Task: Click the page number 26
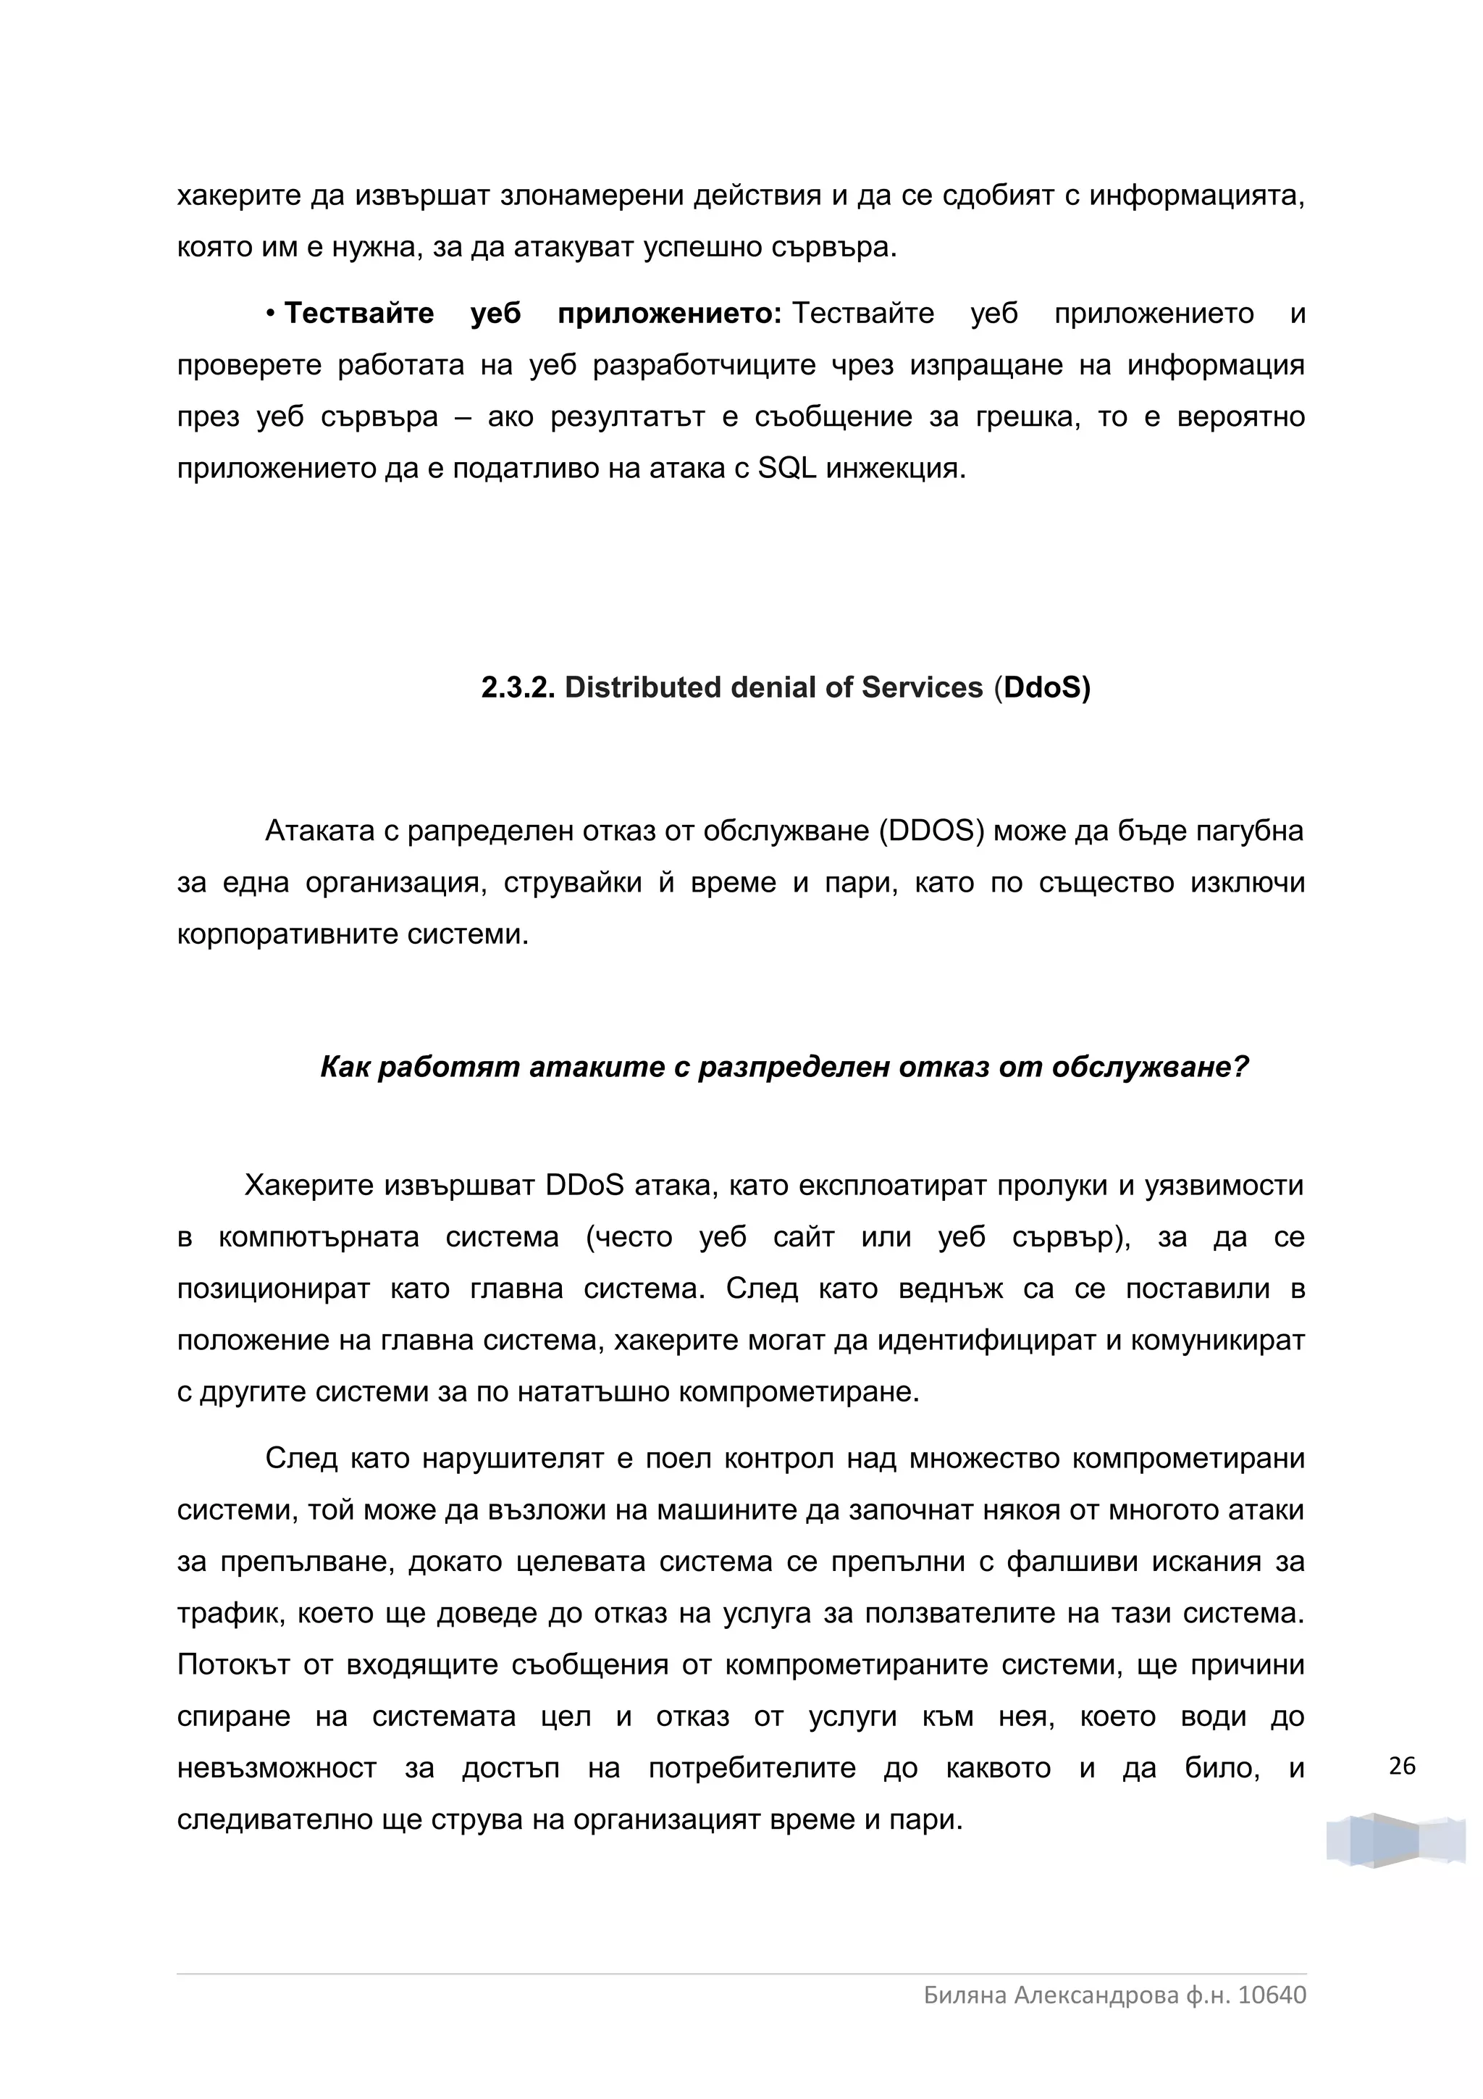tap(1402, 1767)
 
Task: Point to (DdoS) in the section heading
tap(1043, 688)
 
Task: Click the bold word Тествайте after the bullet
tap(359, 314)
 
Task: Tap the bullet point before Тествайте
tap(272, 314)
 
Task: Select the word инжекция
tap(896, 469)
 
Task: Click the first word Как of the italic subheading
tap(345, 1067)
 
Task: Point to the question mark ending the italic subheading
tap(1241, 1067)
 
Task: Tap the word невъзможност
tap(276, 1768)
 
